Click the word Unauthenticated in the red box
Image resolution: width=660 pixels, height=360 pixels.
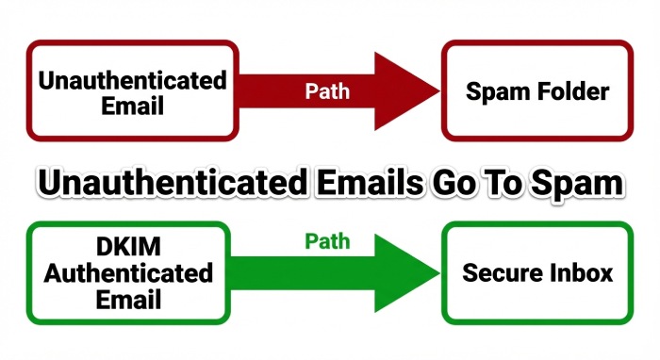tap(132, 79)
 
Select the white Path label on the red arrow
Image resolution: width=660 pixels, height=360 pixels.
tap(327, 91)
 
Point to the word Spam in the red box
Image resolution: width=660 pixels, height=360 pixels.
tap(497, 92)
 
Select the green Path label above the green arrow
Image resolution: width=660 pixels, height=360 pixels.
tap(327, 241)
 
